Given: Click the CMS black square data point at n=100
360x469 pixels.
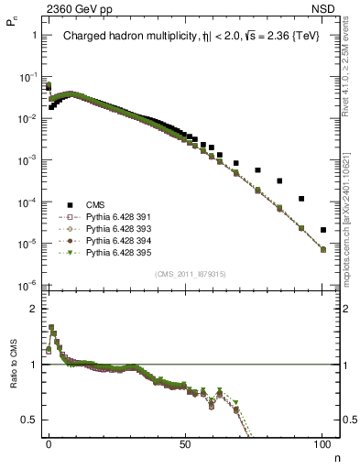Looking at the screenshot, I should pyautogui.click(x=322, y=230).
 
